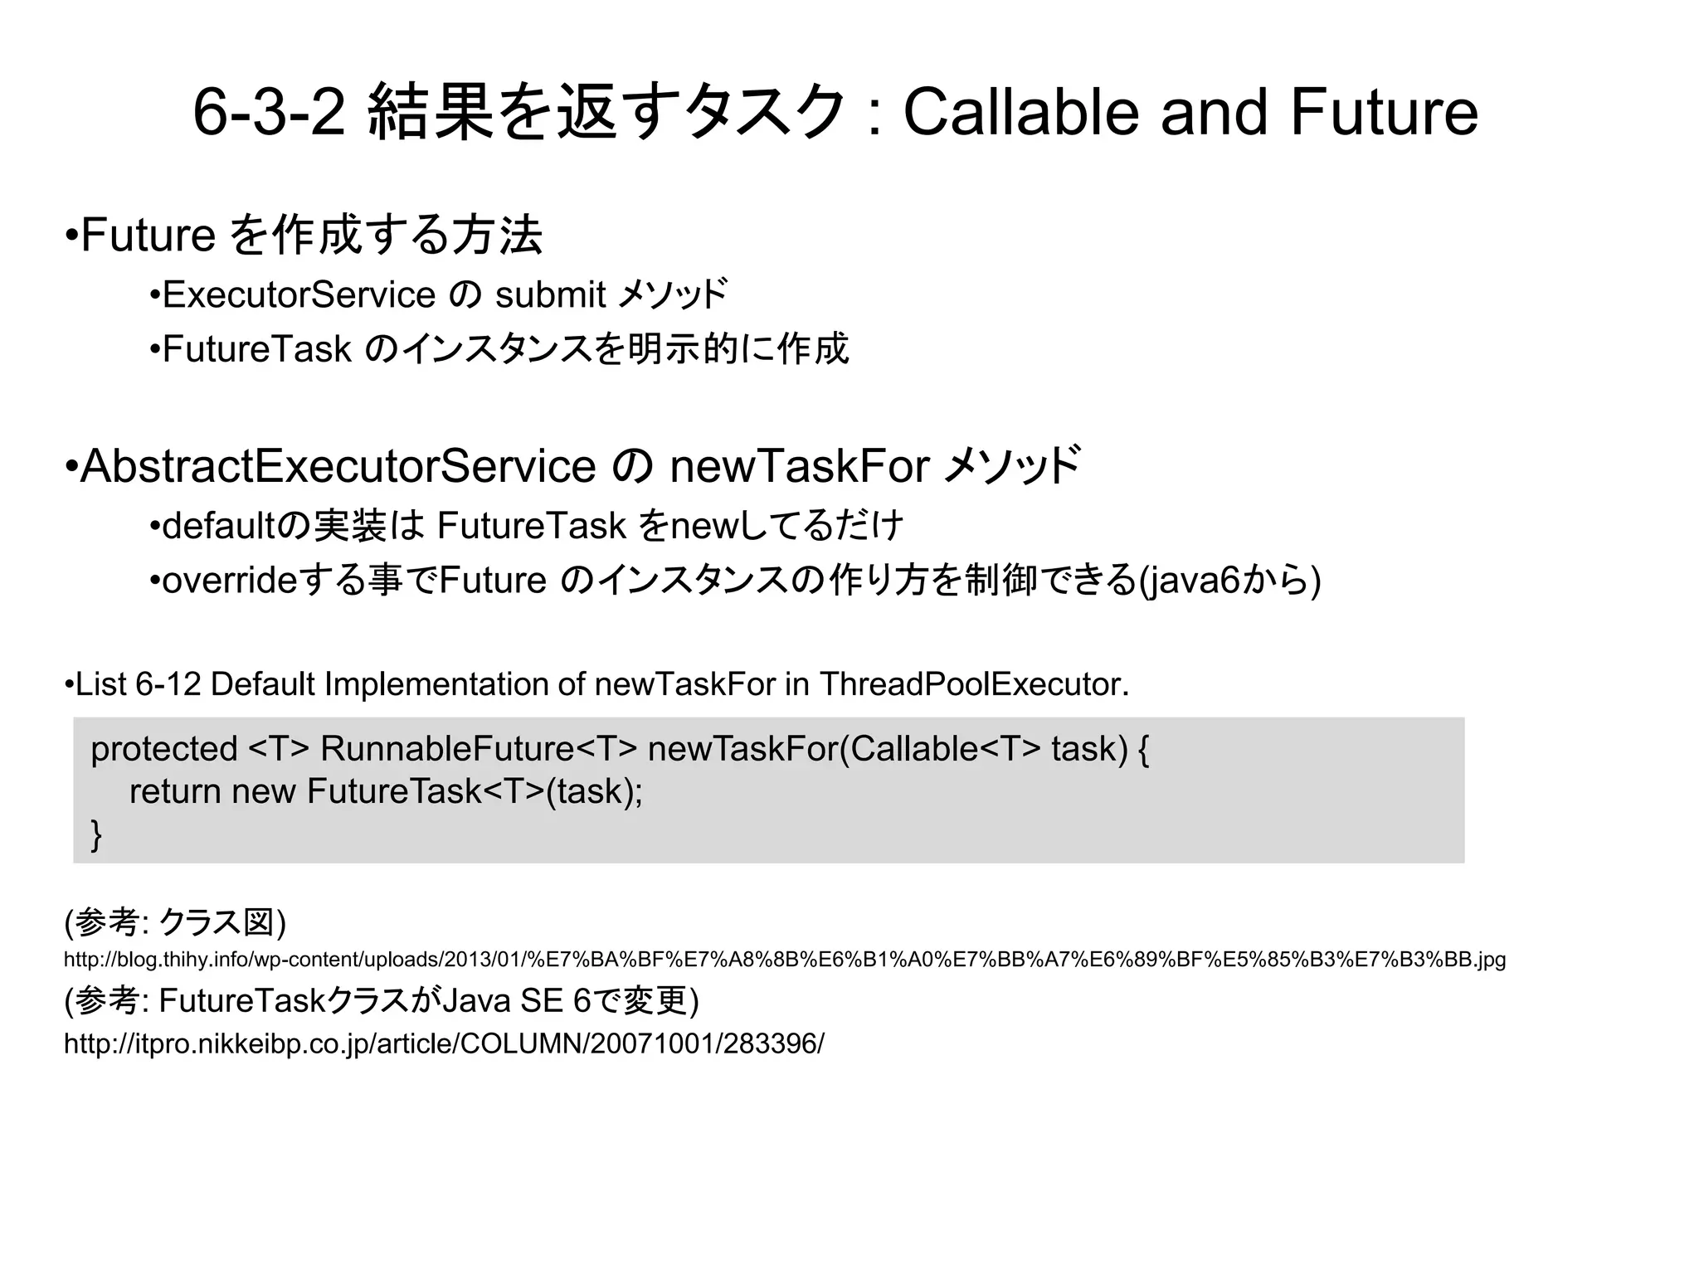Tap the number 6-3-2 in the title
click(269, 114)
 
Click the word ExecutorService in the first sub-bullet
click(299, 295)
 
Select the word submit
click(550, 295)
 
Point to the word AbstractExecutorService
click(338, 466)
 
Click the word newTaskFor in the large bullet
click(799, 466)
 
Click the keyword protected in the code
click(164, 749)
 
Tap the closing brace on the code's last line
click(96, 834)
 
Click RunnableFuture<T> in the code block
click(479, 749)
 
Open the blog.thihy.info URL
click(784, 960)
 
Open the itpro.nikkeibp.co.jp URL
click(444, 1043)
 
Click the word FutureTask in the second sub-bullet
click(257, 349)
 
